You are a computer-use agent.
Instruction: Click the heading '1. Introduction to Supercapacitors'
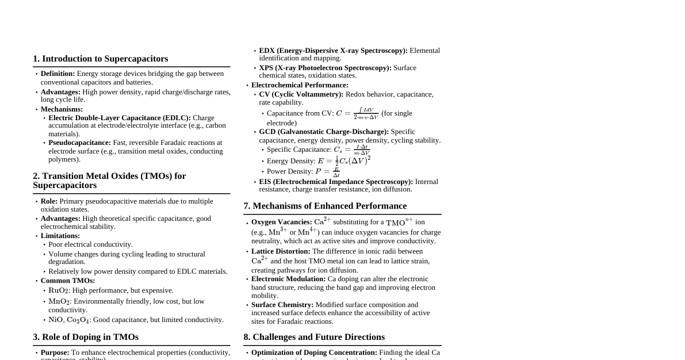[x=101, y=59]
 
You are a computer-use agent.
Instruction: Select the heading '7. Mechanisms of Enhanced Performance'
[x=325, y=206]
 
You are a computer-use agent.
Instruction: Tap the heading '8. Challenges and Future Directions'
[x=314, y=337]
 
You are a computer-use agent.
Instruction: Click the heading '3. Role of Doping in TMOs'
[x=86, y=337]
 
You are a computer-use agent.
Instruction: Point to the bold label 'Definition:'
[x=58, y=74]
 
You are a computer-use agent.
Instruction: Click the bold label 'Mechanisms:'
[x=62, y=109]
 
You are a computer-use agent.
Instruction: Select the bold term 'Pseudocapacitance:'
[x=79, y=143]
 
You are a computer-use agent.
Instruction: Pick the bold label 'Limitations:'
[x=60, y=236]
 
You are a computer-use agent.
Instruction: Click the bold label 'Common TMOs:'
[x=68, y=281]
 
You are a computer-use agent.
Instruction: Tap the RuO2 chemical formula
[x=59, y=290]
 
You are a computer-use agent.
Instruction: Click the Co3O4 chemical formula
[x=78, y=320]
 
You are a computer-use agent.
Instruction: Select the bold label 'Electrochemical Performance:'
[x=300, y=85]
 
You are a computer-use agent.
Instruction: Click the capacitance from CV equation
[x=357, y=113]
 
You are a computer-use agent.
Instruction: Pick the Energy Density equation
[x=344, y=160]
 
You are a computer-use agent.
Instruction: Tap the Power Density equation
[x=327, y=171]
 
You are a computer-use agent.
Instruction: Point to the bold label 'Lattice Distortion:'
[x=281, y=251]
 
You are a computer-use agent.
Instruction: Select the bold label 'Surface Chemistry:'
[x=282, y=305]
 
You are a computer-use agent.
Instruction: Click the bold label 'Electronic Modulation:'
[x=288, y=279]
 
